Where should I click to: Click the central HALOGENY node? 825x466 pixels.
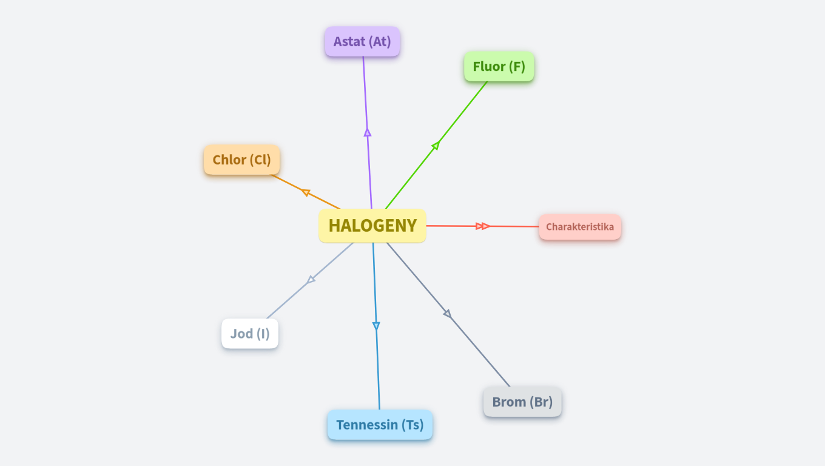[x=372, y=226]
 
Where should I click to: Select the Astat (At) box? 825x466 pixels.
[x=362, y=42]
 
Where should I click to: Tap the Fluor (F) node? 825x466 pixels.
[x=499, y=67]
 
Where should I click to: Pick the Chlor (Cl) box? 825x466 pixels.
[x=241, y=160]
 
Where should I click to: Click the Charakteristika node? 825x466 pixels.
[x=579, y=227]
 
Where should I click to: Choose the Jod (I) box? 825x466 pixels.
[x=250, y=334]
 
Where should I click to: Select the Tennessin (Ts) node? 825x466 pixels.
[x=380, y=425]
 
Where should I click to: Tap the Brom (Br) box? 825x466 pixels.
[x=522, y=402]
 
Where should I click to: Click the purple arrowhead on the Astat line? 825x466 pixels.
[x=367, y=132]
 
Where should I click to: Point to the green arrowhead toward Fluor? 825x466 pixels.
[x=436, y=146]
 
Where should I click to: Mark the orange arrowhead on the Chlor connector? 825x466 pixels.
[x=306, y=192]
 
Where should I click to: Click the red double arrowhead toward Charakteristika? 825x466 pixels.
[x=483, y=226]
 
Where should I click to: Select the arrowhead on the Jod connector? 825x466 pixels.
[x=311, y=279]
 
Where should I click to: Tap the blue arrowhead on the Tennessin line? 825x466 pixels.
[x=376, y=326]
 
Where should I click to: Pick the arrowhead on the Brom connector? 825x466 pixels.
[x=447, y=313]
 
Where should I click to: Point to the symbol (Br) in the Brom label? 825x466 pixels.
[x=541, y=402]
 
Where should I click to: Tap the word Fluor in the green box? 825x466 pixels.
[x=489, y=67]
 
